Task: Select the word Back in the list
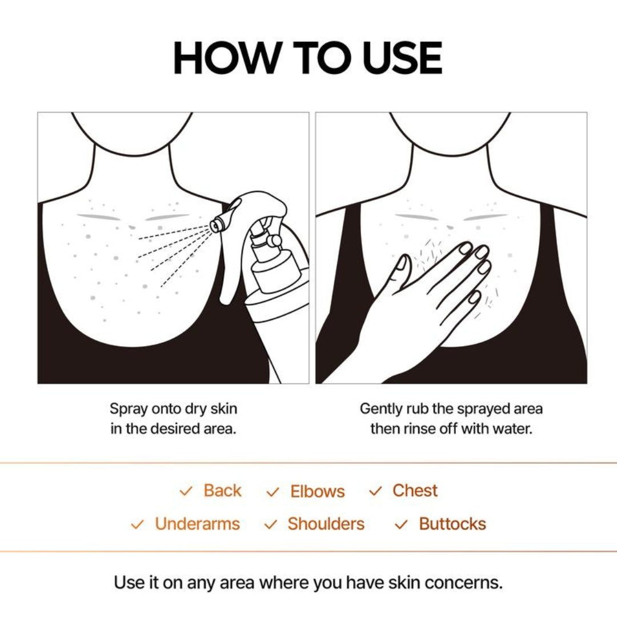(222, 491)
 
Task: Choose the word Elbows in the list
(317, 492)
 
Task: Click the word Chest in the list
(415, 491)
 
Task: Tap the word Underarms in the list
(197, 524)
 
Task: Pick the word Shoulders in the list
(326, 524)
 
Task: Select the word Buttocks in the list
(452, 524)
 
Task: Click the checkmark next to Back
(186, 491)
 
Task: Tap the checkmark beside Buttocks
(402, 524)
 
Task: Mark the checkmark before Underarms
(137, 524)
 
